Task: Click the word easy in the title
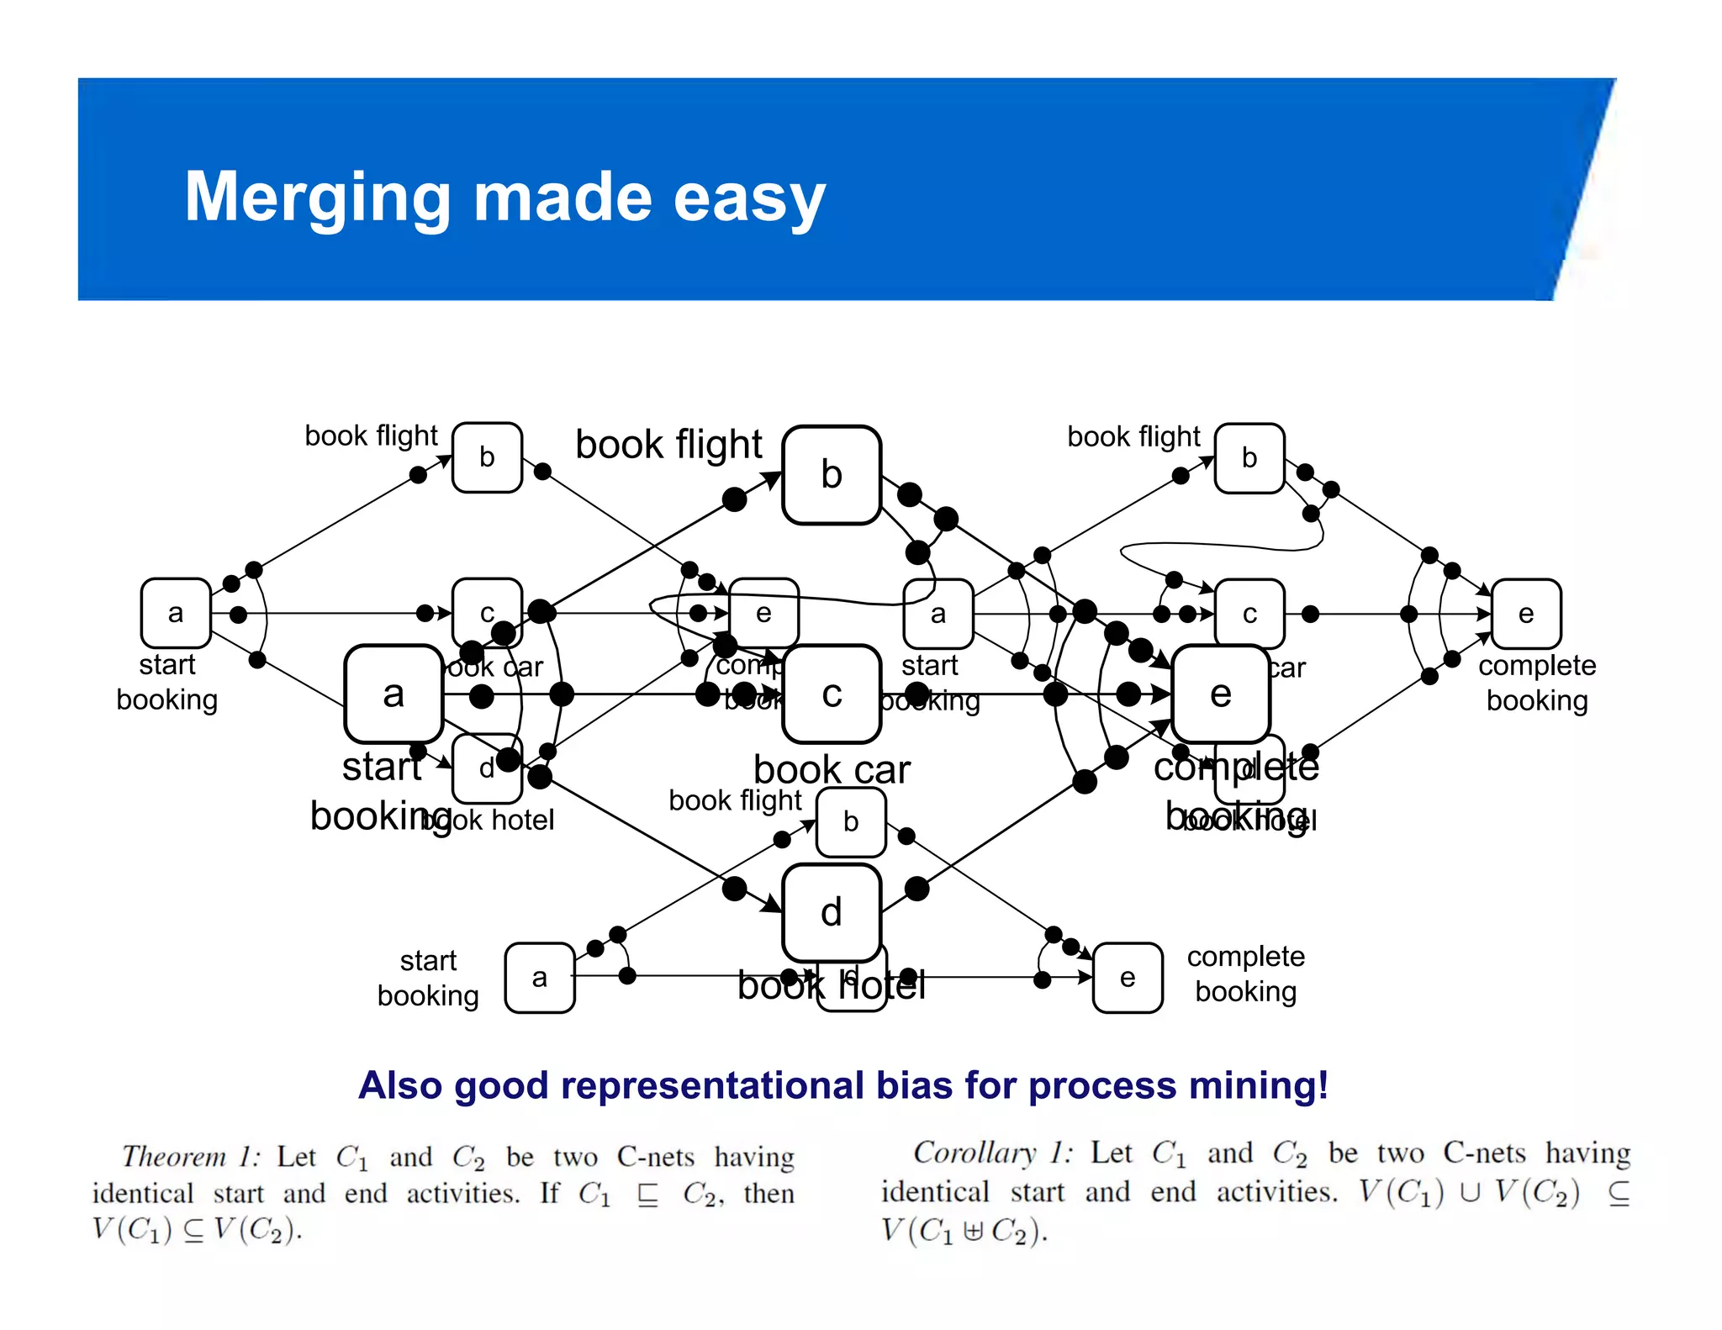[x=748, y=198]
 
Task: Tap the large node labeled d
[x=831, y=913]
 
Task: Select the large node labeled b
[x=831, y=475]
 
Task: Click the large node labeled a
[x=394, y=694]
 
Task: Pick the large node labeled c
[x=831, y=694]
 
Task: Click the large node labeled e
[x=1220, y=694]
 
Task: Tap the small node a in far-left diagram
[x=176, y=613]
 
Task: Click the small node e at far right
[x=1526, y=614]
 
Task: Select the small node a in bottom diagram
[x=540, y=978]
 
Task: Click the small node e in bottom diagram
[x=1128, y=978]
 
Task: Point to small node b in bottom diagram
[x=851, y=821]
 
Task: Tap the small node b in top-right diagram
[x=1249, y=458]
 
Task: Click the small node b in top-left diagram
[x=487, y=457]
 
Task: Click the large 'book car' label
[x=832, y=770]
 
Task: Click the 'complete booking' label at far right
[x=1536, y=683]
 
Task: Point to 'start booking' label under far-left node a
[x=166, y=682]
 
